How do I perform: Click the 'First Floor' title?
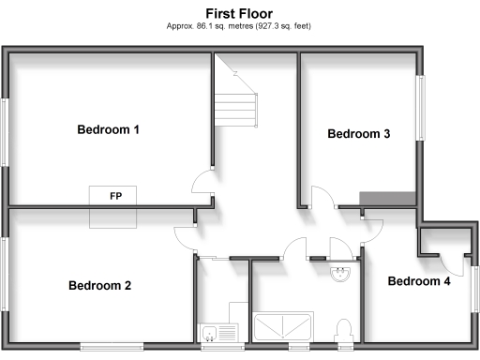click(x=239, y=13)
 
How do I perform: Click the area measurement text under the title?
click(x=239, y=26)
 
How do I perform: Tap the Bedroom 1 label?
click(x=108, y=129)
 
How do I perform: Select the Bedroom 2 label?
click(x=99, y=286)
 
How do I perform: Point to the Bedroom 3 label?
click(x=358, y=134)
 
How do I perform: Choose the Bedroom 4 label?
click(x=419, y=281)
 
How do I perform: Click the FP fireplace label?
click(x=115, y=196)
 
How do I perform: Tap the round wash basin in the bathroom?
click(x=340, y=274)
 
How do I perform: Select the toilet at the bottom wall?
click(x=343, y=329)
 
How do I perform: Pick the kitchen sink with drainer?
click(x=220, y=331)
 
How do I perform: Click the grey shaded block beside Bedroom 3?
click(x=388, y=196)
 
